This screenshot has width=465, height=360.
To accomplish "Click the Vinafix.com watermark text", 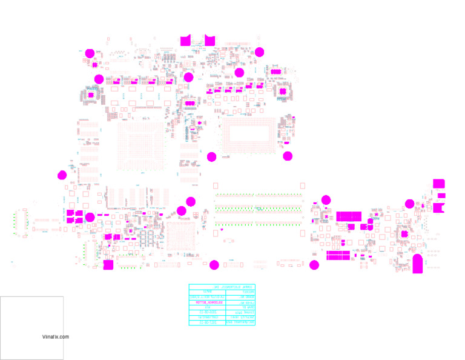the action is pyautogui.click(x=56, y=337).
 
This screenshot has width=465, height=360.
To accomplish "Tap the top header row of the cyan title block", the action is pyautogui.click(x=222, y=287).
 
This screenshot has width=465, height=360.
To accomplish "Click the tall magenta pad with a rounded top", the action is pyautogui.click(x=417, y=264).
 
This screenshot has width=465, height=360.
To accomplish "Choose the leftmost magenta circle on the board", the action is pyautogui.click(x=62, y=176).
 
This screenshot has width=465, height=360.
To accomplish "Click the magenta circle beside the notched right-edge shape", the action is pyautogui.click(x=409, y=204).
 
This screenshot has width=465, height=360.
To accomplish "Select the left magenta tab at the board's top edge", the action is pyautogui.click(x=186, y=41).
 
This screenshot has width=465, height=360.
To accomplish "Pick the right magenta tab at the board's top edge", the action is pyautogui.click(x=209, y=41).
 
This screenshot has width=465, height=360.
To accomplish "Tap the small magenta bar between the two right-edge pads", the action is pyautogui.click(x=442, y=196).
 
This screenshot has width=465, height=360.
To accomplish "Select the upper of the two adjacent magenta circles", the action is pyautogui.click(x=191, y=202).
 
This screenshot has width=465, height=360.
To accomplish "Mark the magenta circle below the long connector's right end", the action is pyautogui.click(x=314, y=264).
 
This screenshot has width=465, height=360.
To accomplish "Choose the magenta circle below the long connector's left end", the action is pyautogui.click(x=214, y=264).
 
